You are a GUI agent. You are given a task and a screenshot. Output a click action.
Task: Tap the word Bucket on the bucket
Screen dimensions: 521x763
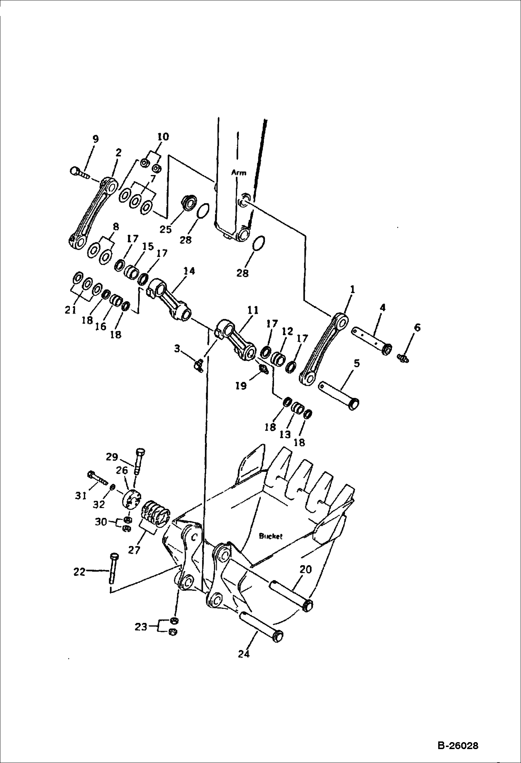click(x=271, y=536)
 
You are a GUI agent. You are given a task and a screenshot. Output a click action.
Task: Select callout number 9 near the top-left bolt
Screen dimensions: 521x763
click(x=95, y=139)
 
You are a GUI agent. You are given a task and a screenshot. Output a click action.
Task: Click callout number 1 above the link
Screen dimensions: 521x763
click(x=352, y=289)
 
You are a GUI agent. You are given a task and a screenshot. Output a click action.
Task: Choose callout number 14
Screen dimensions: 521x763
click(x=190, y=271)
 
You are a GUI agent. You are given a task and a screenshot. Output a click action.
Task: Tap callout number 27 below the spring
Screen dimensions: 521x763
click(x=134, y=550)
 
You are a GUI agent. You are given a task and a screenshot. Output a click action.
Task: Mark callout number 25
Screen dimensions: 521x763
click(x=166, y=229)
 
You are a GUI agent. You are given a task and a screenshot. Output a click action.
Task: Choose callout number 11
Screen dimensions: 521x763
click(x=253, y=310)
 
